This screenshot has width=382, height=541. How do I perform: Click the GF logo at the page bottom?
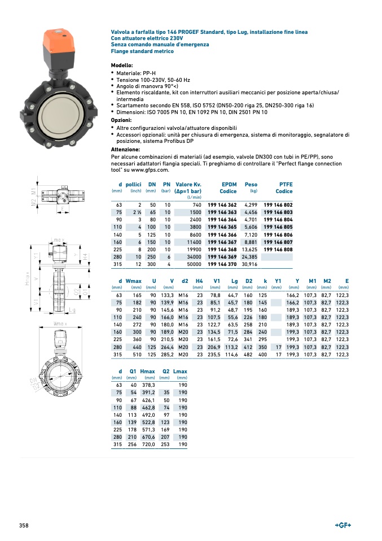pyautogui.click(x=343, y=525)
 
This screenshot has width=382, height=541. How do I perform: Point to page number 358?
pyautogui.click(x=24, y=526)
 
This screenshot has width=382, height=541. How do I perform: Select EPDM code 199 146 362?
pyautogui.click(x=222, y=205)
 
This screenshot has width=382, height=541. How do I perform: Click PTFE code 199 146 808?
pyautogui.click(x=278, y=249)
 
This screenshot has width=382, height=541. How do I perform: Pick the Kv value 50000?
pyautogui.click(x=192, y=264)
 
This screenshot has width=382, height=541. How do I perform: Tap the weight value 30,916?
pyautogui.click(x=249, y=264)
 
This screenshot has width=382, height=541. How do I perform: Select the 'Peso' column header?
pyautogui.click(x=251, y=185)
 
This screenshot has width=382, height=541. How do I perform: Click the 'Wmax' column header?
pyautogui.click(x=134, y=281)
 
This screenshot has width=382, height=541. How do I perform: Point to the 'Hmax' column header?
pyautogui.click(x=147, y=372)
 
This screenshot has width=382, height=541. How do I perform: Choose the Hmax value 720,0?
pyautogui.click(x=147, y=444)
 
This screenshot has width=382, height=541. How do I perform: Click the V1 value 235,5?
pyautogui.click(x=214, y=354)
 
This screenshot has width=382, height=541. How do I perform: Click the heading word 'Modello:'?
pyautogui.click(x=122, y=66)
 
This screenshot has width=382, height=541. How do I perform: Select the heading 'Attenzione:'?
pyautogui.click(x=126, y=149)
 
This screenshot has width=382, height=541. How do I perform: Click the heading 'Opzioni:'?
pyautogui.click(x=121, y=120)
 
